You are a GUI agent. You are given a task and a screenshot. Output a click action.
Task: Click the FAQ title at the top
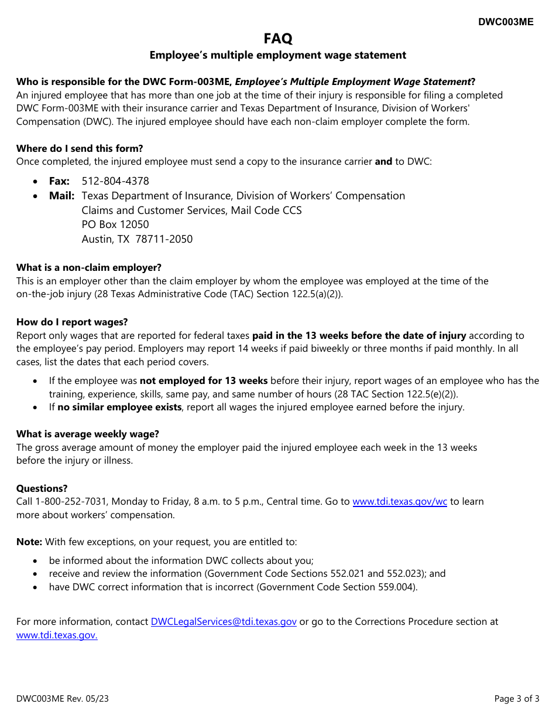tap(277, 39)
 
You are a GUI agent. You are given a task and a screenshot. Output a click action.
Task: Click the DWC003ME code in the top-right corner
tap(506, 22)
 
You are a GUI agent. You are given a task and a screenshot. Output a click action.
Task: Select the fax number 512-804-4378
tap(115, 181)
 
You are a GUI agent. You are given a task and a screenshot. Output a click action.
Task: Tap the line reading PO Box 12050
tap(115, 225)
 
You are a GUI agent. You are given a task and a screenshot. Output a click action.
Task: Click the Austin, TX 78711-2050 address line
tap(137, 239)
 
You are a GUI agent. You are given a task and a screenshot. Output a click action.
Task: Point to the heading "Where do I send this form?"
tap(80, 148)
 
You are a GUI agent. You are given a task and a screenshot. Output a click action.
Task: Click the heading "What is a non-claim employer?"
tap(89, 268)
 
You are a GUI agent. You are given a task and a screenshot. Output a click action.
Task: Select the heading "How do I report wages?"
tap(72, 322)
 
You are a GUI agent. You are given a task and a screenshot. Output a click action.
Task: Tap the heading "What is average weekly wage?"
tap(88, 434)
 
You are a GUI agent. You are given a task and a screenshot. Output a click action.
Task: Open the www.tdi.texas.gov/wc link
tap(400, 502)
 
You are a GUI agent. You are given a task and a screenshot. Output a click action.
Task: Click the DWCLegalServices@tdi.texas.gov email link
tap(224, 621)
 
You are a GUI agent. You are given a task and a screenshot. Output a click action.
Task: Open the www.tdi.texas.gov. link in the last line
tap(57, 635)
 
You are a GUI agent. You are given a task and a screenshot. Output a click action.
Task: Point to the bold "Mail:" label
tap(61, 196)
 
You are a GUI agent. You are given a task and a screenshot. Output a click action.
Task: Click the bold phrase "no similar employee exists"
tap(119, 407)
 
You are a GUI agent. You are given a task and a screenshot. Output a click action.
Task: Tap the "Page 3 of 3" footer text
tap(517, 699)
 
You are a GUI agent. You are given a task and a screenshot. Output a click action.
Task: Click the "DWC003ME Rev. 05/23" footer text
tap(63, 699)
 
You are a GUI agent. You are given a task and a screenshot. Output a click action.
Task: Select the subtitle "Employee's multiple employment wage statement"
tap(277, 55)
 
